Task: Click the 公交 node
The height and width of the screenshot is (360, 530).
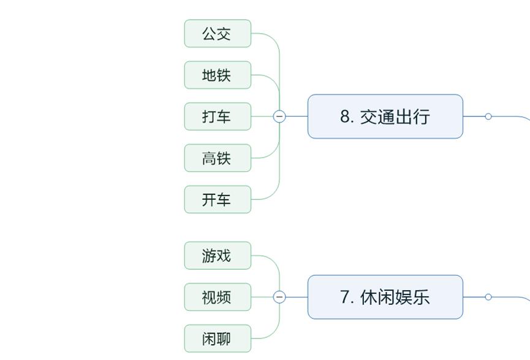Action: coord(218,34)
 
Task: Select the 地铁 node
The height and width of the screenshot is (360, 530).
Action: coord(218,75)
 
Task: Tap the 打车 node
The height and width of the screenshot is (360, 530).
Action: coord(218,117)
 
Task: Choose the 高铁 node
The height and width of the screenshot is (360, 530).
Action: coord(218,158)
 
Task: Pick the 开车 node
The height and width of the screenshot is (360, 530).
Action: coord(218,199)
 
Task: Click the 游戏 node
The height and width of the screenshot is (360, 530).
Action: coord(218,256)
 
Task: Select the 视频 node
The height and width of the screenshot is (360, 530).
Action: coord(218,297)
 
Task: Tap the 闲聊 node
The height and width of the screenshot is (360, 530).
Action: coord(218,339)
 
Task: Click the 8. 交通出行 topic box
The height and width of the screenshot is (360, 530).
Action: coord(385,117)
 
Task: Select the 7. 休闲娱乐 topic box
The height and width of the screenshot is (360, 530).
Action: coord(385,297)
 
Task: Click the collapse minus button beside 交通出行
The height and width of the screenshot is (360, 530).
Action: coord(279,116)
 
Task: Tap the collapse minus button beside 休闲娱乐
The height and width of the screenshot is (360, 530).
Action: coord(279,297)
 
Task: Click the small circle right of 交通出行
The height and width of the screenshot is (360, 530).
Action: coord(488,116)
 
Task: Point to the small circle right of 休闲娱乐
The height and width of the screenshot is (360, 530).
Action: coord(488,297)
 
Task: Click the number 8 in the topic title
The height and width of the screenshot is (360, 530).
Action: coord(346,117)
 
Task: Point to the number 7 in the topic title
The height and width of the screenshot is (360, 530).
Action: coord(346,297)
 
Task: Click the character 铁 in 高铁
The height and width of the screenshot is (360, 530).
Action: coord(224,158)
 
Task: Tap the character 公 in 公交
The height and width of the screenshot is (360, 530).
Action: coord(209,34)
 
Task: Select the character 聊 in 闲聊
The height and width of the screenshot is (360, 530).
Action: coord(224,339)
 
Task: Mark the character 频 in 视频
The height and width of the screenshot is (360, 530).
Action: coord(224,297)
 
